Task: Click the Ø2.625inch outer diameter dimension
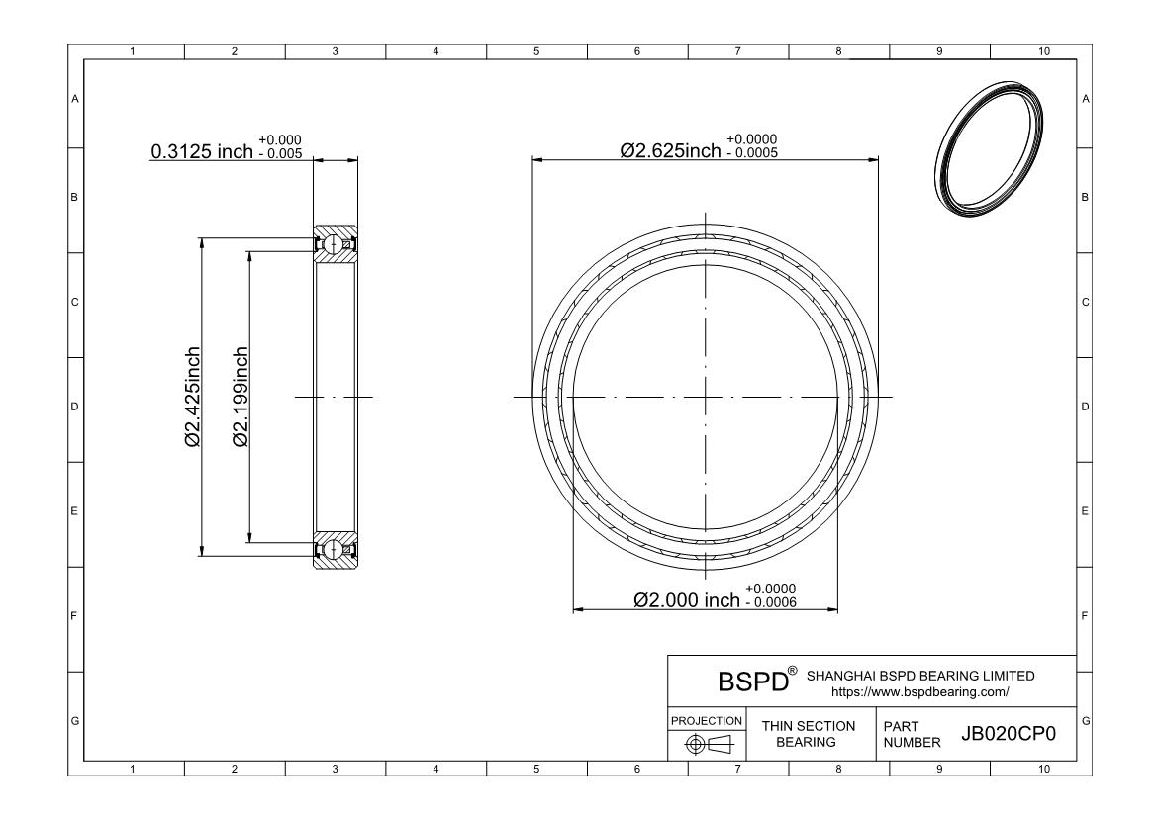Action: [671, 150]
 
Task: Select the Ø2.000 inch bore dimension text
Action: [686, 599]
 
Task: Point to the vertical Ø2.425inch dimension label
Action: [193, 397]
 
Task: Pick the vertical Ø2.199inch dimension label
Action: [240, 397]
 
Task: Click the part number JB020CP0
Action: [1009, 734]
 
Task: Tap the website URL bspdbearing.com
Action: [919, 692]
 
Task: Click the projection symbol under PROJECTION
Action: [707, 743]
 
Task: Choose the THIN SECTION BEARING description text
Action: [808, 734]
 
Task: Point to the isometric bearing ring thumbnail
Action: [990, 150]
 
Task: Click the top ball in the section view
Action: [336, 243]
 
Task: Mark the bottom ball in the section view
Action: [336, 549]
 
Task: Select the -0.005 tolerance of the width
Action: [279, 155]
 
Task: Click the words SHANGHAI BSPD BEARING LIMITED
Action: [920, 676]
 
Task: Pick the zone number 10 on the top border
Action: [1043, 51]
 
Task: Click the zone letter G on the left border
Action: [74, 719]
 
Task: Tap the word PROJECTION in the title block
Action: [707, 720]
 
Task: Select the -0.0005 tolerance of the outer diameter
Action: [751, 153]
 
